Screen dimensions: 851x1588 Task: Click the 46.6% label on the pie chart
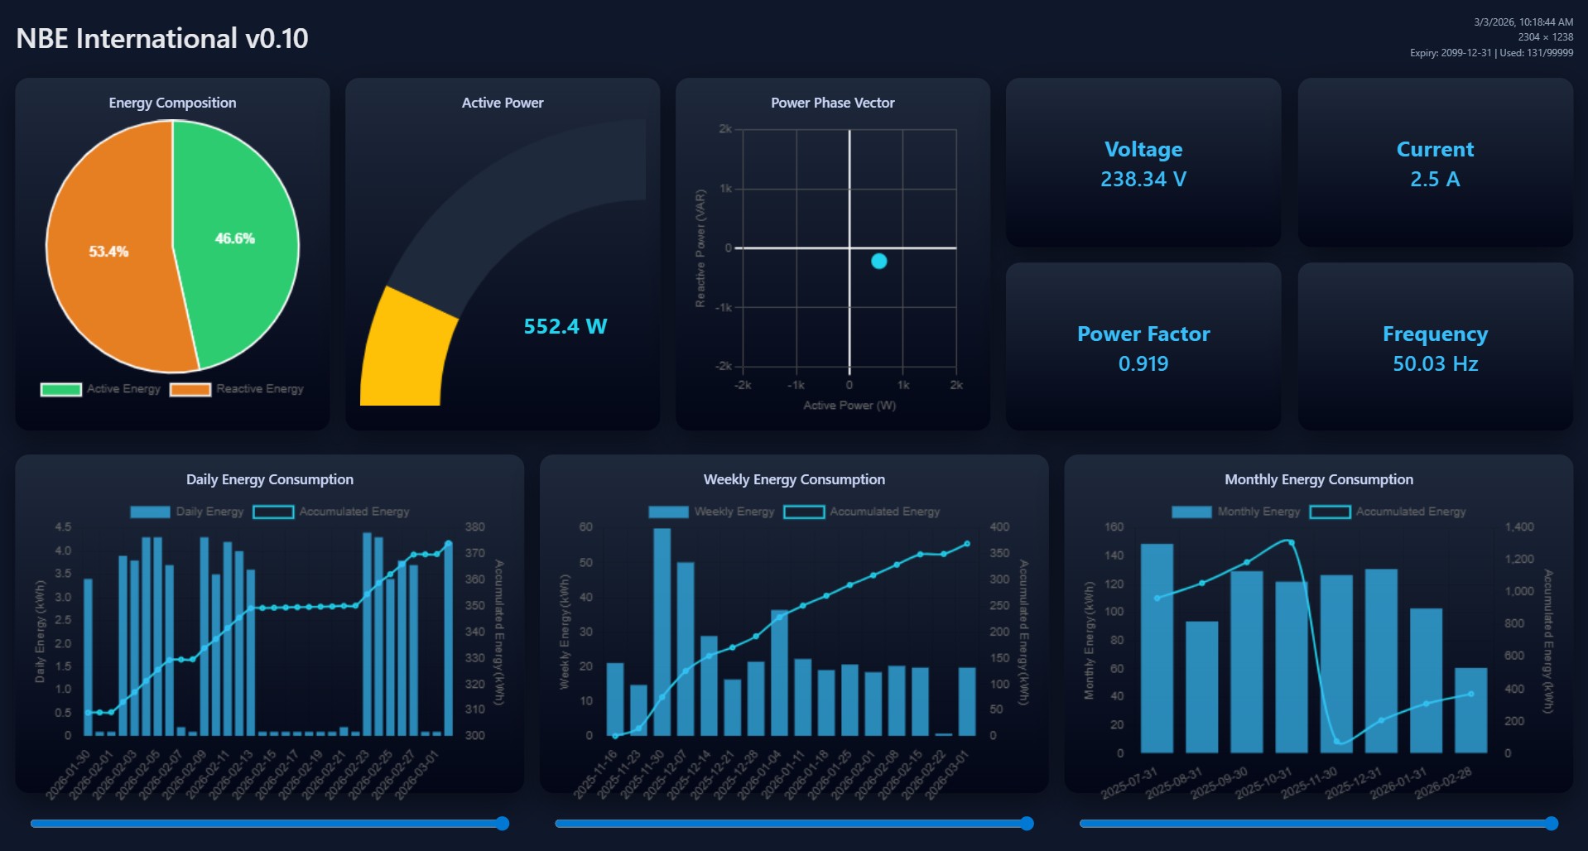(234, 238)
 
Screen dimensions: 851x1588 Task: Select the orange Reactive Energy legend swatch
(190, 389)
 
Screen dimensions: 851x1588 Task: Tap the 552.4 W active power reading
(565, 326)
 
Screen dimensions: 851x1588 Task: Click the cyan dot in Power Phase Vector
(878, 262)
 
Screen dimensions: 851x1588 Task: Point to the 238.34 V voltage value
(1143, 179)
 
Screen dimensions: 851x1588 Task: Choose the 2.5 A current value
(1434, 179)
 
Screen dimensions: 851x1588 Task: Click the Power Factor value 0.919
(1143, 363)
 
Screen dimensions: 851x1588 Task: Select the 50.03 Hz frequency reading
(1434, 363)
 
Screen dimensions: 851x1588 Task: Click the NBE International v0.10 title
(162, 38)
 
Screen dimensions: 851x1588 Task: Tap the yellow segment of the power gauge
(406, 352)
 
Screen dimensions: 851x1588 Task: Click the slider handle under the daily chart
(502, 823)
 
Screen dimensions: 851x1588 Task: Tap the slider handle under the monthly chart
(1551, 823)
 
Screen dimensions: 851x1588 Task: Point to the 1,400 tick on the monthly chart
(1518, 526)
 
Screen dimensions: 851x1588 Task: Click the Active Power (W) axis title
(849, 406)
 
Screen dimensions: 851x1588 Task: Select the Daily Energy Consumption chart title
(269, 479)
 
